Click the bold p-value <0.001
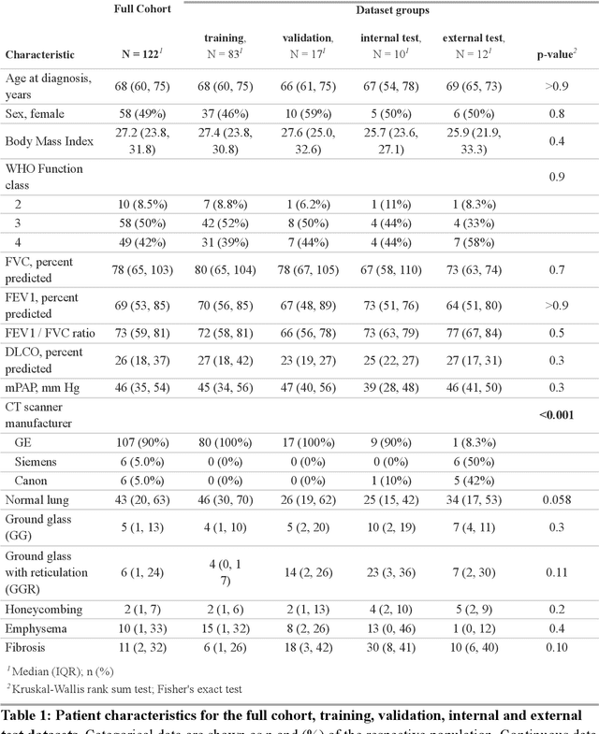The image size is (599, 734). [555, 416]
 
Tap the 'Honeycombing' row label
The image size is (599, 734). [44, 609]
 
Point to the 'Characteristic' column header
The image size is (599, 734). [40, 55]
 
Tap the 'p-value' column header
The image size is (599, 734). [554, 55]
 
